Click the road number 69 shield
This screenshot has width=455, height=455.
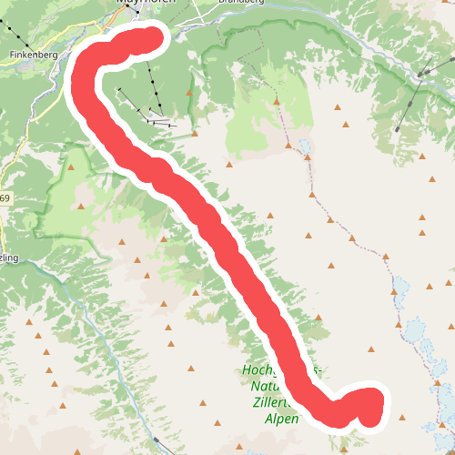5,198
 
